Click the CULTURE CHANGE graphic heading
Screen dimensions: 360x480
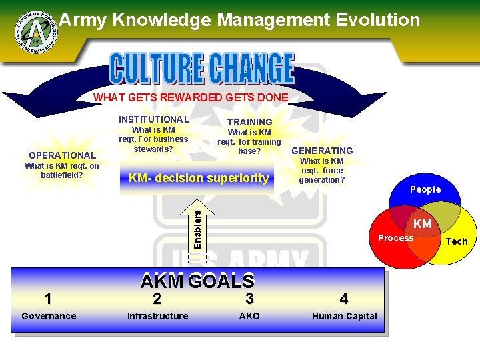pos(201,69)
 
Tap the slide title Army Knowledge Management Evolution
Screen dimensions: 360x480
pos(240,20)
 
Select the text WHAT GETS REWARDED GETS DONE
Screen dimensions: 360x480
pos(191,97)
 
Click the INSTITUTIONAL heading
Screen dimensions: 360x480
pos(154,119)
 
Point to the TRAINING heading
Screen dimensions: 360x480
pos(249,122)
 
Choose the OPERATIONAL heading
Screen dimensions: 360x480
pos(63,155)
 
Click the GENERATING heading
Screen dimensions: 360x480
pos(322,151)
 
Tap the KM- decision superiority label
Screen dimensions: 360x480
pos(199,178)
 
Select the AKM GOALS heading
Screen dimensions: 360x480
pos(197,281)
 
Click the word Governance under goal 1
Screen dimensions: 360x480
pos(49,316)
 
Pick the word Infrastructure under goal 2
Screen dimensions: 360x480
pos(157,316)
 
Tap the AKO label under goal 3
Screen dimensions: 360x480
pos(249,316)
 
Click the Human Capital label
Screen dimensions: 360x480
pos(345,316)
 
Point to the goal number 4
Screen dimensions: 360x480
pos(343,298)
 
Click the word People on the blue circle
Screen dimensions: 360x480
pos(425,189)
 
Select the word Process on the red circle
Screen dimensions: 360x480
pos(395,238)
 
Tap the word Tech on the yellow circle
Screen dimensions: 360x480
pos(457,241)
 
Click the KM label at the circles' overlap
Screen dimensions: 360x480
pos(423,224)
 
